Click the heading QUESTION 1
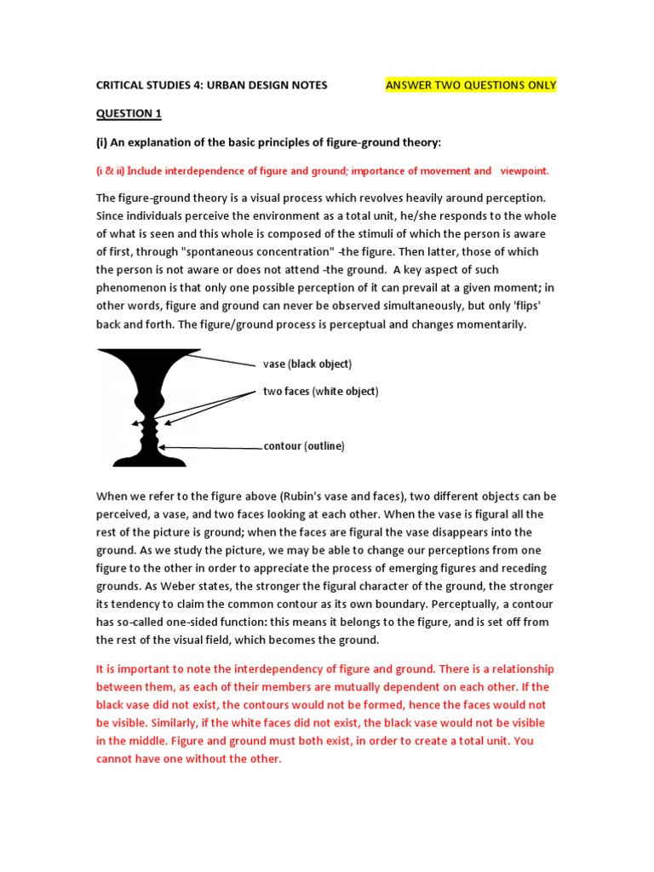pyautogui.click(x=128, y=113)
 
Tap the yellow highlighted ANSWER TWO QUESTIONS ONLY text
pyautogui.click(x=471, y=85)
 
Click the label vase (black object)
pyautogui.click(x=307, y=364)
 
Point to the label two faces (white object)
pyautogui.click(x=320, y=392)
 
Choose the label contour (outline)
pyautogui.click(x=304, y=446)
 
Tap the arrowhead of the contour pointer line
pyautogui.click(x=162, y=446)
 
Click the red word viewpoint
pyautogui.click(x=525, y=171)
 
